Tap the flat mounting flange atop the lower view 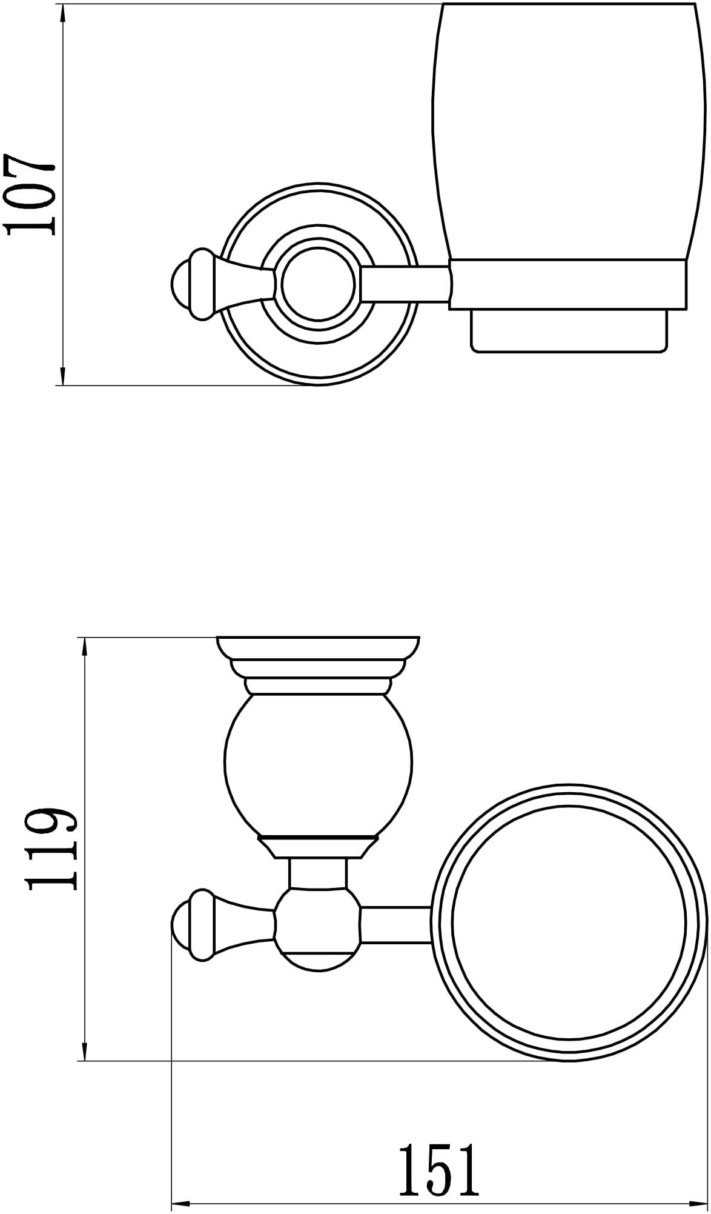pyautogui.click(x=319, y=647)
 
